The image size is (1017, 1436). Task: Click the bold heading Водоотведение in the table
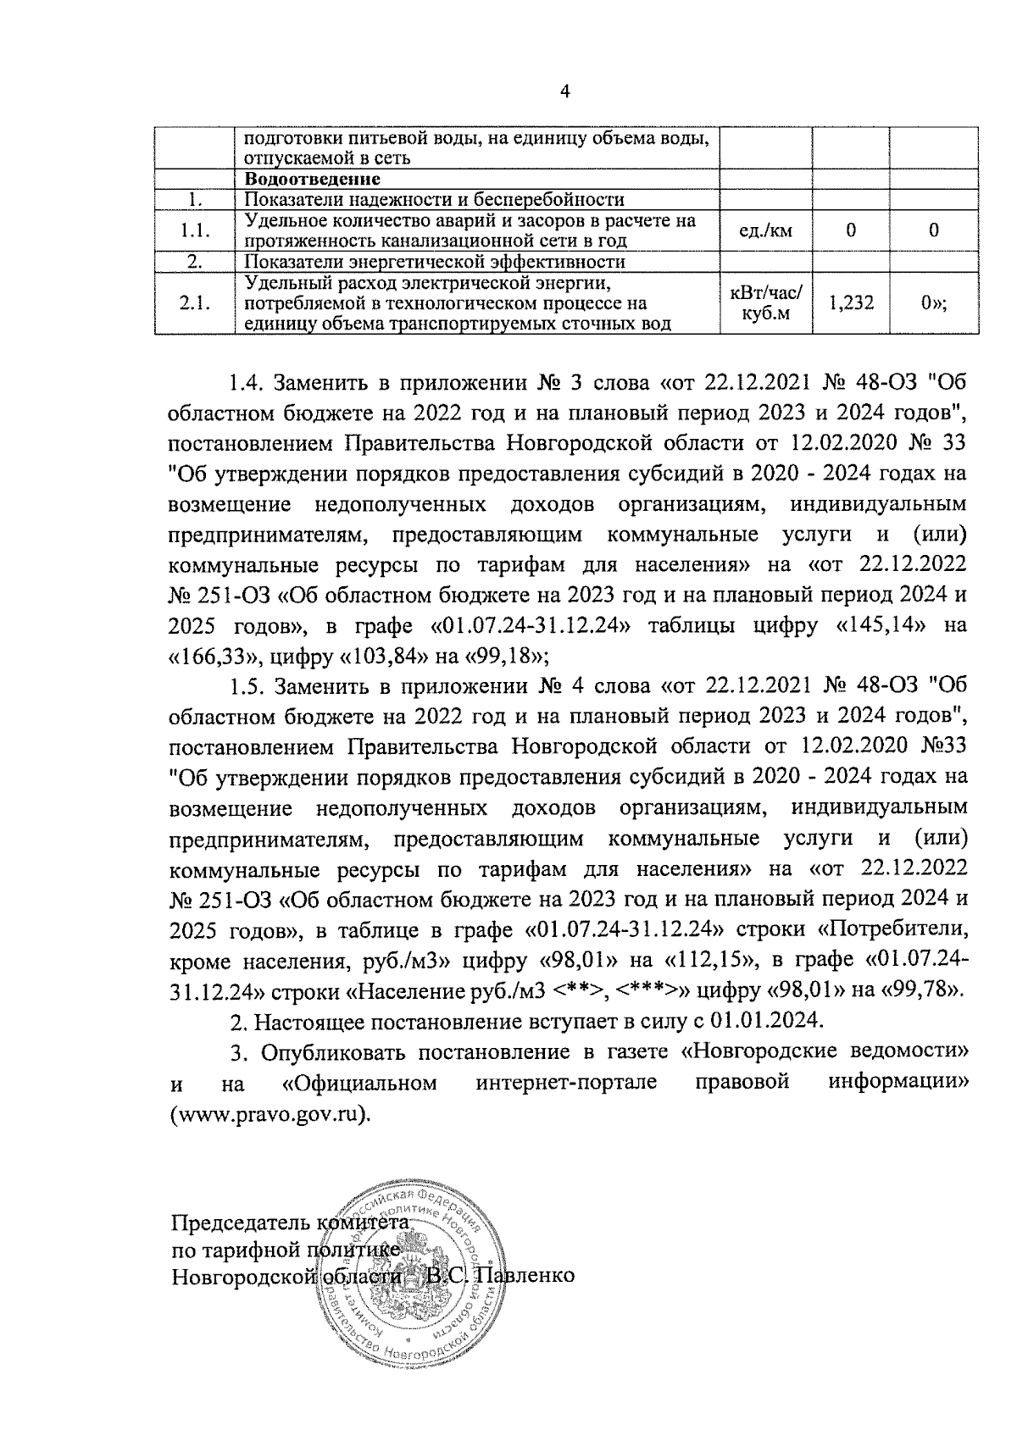[x=312, y=180]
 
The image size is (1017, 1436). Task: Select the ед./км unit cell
[x=765, y=230]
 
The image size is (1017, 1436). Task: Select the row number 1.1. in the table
[x=195, y=230]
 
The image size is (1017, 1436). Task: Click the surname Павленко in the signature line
[x=527, y=1275]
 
